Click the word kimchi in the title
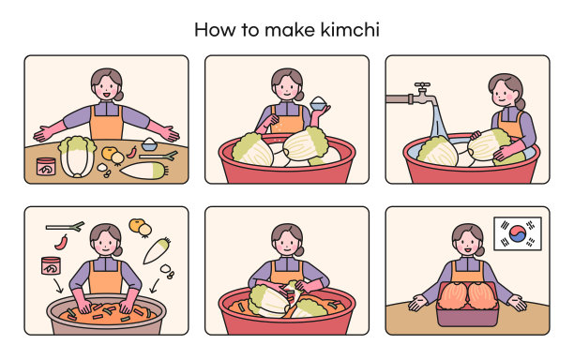350,30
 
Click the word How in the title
215,30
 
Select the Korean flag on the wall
518,233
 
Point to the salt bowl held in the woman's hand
318,103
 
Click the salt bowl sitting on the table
149,144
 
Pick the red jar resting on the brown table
46,167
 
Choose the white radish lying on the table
143,171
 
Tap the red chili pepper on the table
132,152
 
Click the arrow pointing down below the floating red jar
58,286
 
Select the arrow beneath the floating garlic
155,286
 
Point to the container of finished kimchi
467,304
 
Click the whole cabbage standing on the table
77,157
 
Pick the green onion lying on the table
159,157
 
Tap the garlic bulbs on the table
104,170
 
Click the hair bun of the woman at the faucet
521,103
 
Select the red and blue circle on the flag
518,233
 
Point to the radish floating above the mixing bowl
157,250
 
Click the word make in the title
290,30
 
